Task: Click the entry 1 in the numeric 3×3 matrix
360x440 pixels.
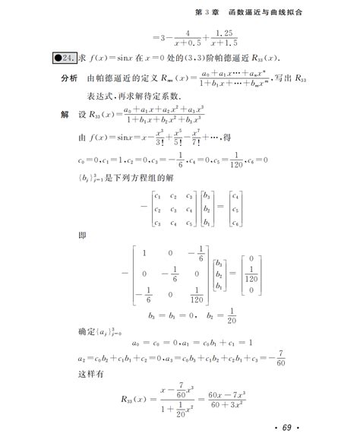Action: pos(142,253)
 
